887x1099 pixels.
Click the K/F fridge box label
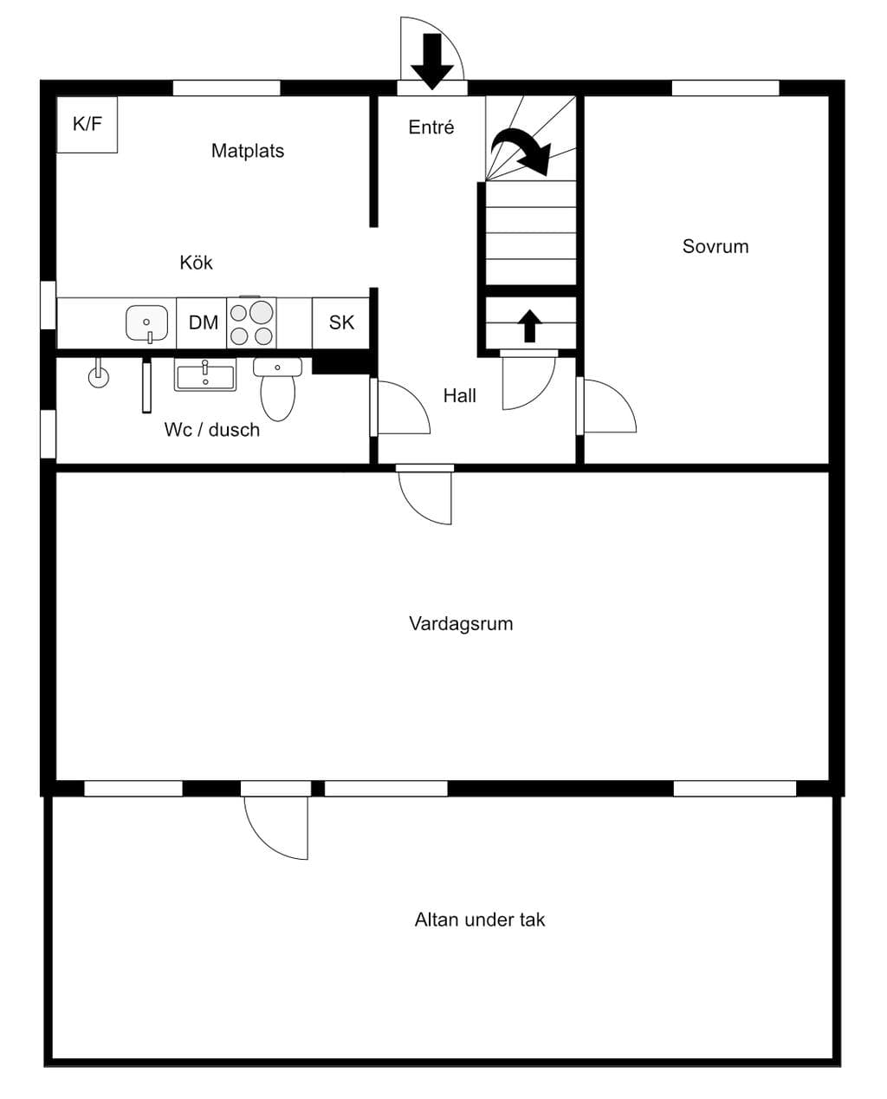[87, 124]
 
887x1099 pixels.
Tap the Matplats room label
[248, 151]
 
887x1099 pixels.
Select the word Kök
[196, 262]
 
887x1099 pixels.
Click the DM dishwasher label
[204, 322]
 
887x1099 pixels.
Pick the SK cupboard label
[341, 322]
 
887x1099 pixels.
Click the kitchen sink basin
[147, 323]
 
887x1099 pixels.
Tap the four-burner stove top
[251, 322]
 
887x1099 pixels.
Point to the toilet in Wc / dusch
[277, 388]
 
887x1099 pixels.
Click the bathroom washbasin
[205, 374]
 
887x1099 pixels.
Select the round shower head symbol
[99, 377]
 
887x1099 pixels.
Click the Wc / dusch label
[212, 430]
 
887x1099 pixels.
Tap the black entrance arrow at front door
[432, 61]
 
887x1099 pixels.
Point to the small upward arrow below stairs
[529, 326]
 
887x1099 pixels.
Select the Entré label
[431, 127]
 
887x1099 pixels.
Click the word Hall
[459, 396]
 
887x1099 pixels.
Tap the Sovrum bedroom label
[715, 246]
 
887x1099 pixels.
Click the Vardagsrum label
[461, 623]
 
